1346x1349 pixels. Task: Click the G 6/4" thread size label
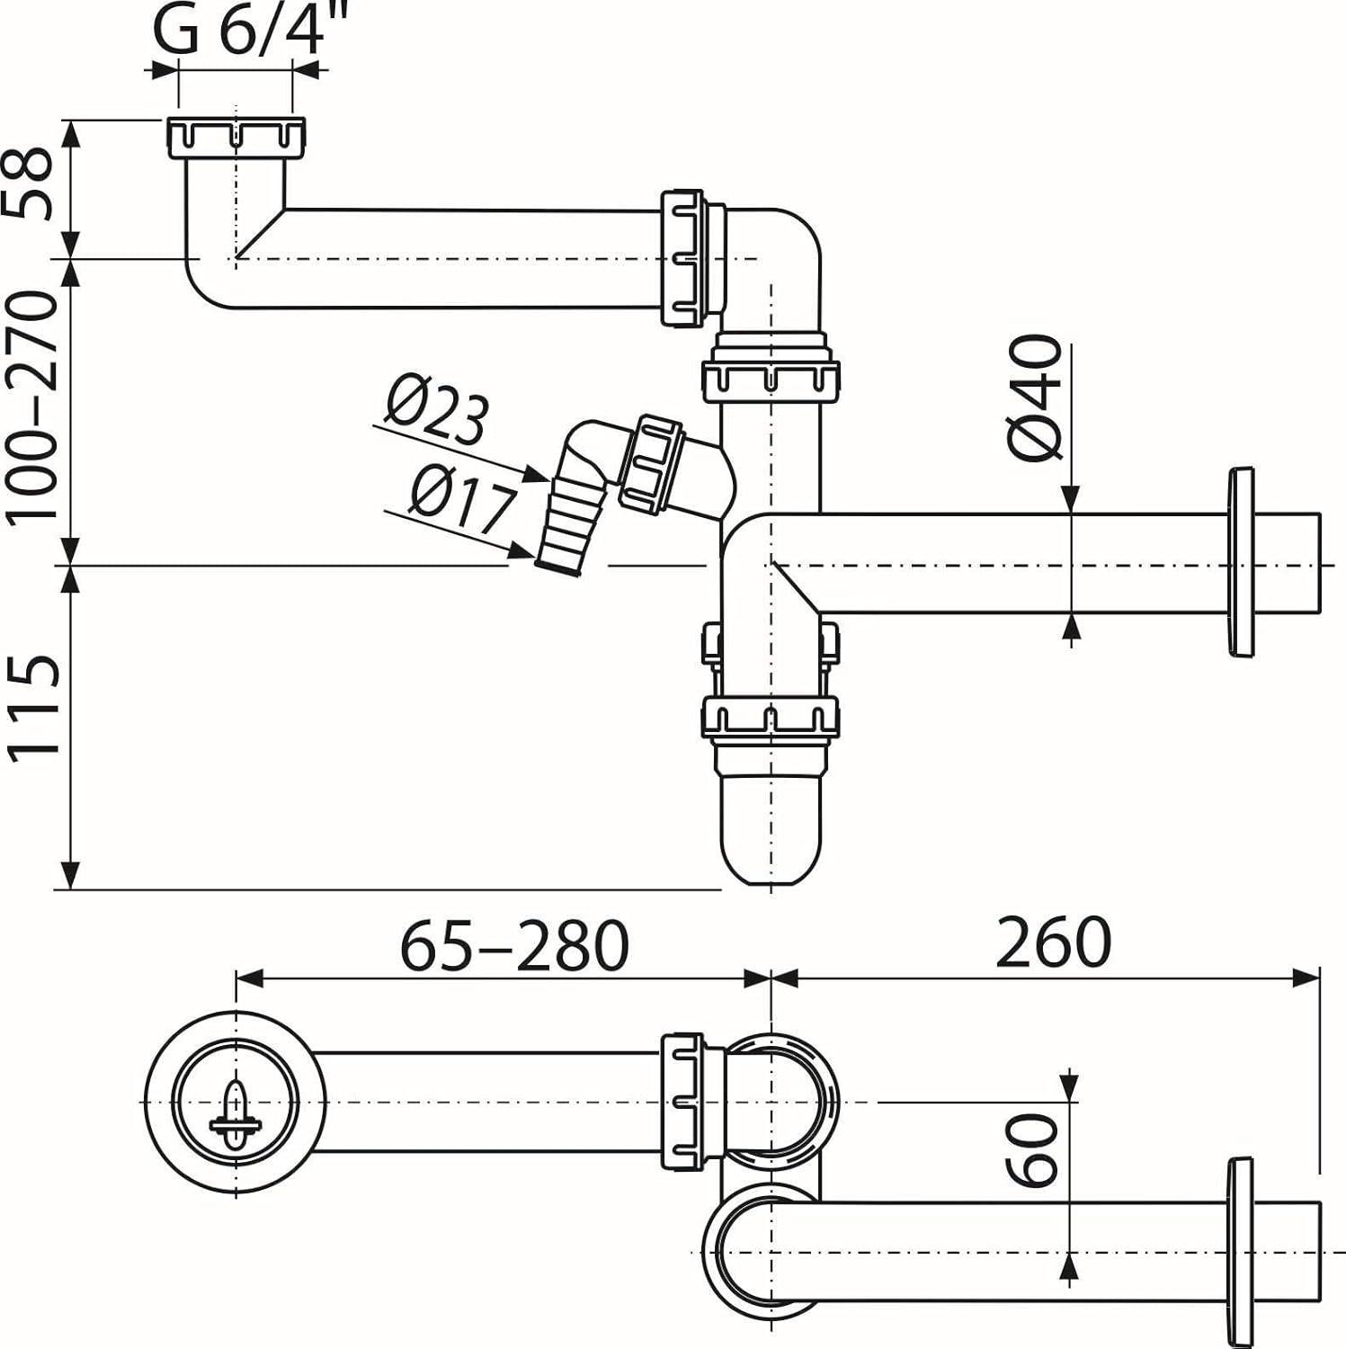[x=236, y=32]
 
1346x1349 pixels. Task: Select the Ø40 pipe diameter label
[x=1034, y=397]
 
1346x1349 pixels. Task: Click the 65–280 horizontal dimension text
[x=513, y=946]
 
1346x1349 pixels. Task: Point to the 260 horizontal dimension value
[x=1054, y=943]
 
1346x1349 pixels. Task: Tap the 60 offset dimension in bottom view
[x=1032, y=1149]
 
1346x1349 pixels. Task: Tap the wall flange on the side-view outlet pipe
[x=1240, y=562]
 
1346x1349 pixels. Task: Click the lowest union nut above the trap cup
[x=771, y=718]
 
